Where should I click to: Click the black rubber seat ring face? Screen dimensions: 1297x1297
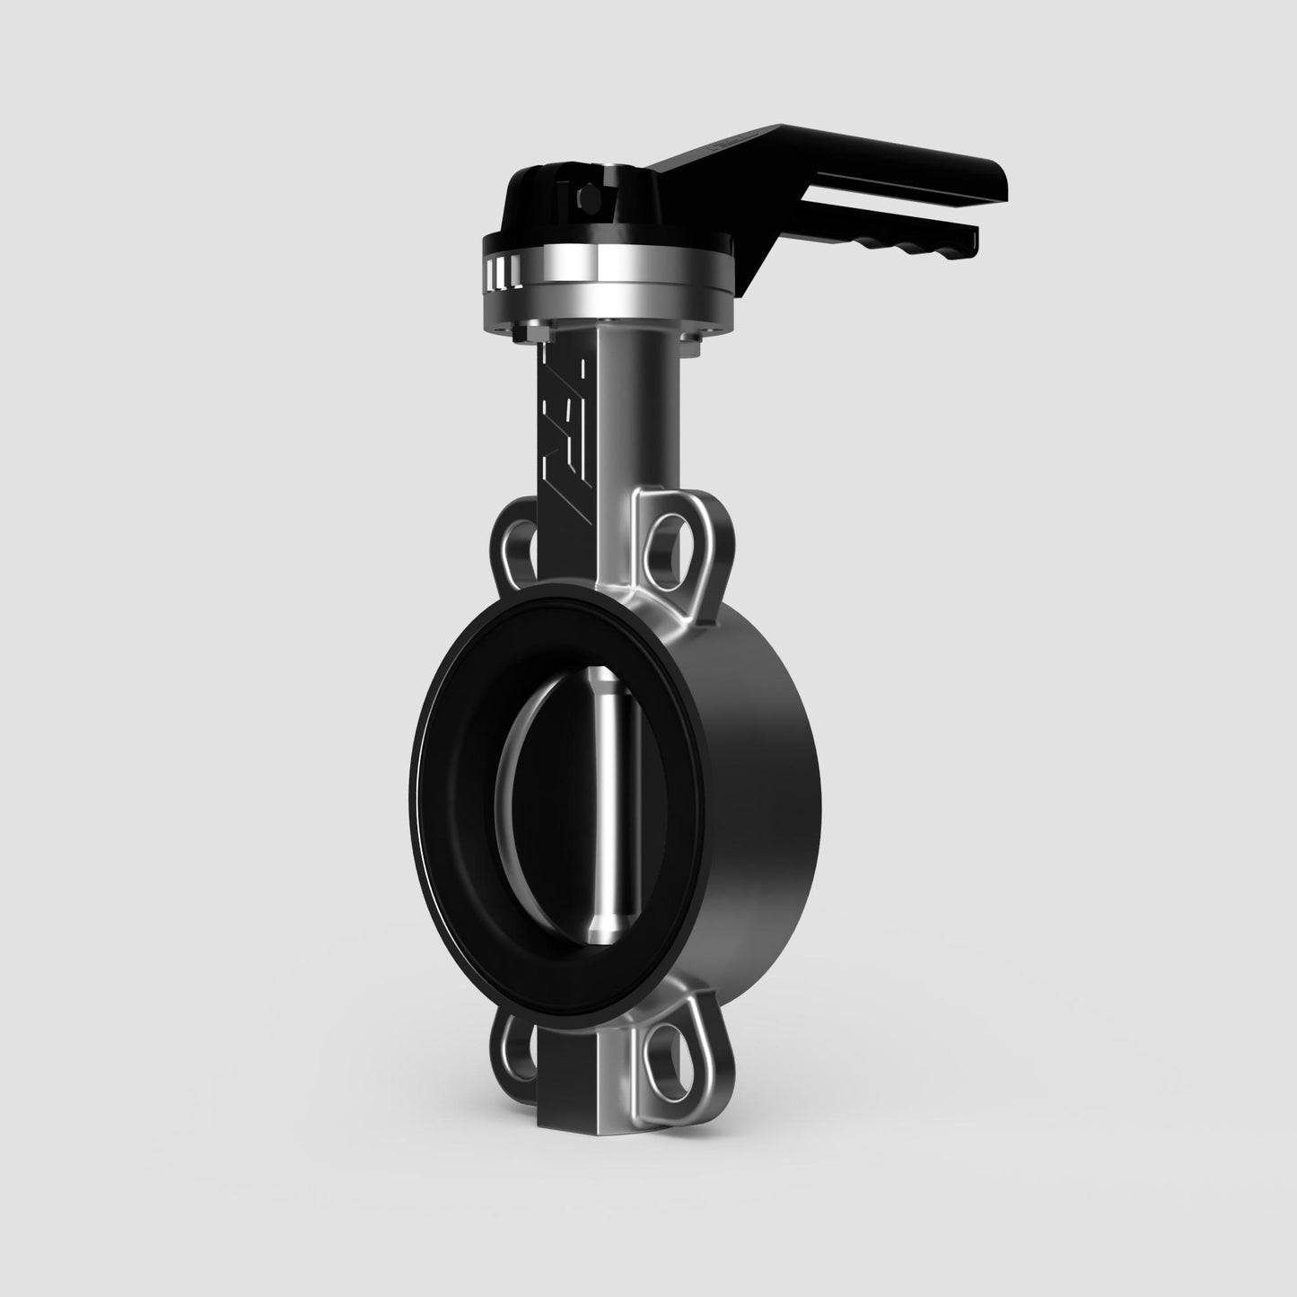pos(449,790)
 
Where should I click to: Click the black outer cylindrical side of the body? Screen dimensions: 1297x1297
pos(763,808)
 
